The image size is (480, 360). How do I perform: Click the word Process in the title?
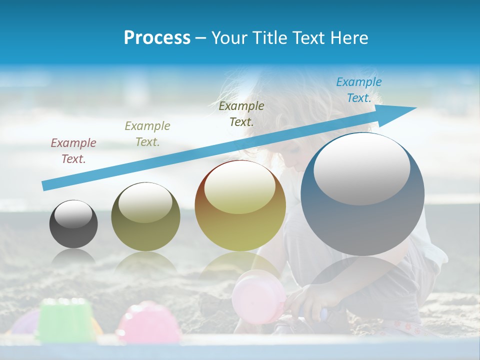[157, 38]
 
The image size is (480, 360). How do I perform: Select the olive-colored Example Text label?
[147, 134]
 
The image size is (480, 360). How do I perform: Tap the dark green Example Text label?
[241, 114]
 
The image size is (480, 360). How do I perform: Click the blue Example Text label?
[359, 90]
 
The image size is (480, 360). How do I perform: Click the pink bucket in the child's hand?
[258, 297]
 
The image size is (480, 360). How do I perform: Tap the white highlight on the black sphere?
[73, 215]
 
